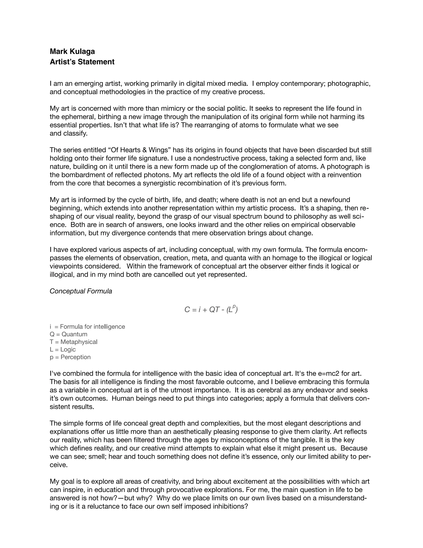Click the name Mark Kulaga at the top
tap(72, 51)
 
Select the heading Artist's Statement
tap(82, 62)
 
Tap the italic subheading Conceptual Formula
tap(81, 291)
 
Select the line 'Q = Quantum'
tap(68, 334)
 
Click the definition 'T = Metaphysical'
tap(73, 342)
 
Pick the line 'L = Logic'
tap(63, 349)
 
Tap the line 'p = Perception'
tap(70, 357)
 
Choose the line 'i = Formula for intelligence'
tap(87, 327)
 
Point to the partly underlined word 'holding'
tap(61, 158)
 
